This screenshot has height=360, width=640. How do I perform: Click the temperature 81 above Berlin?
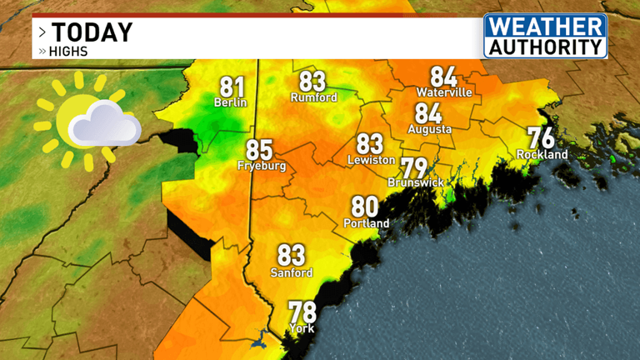(x=232, y=87)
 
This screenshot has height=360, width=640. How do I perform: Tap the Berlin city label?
(x=232, y=103)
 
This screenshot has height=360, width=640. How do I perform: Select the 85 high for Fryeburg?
(x=259, y=151)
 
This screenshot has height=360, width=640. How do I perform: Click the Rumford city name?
(x=313, y=97)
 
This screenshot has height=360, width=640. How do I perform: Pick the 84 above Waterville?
(x=443, y=77)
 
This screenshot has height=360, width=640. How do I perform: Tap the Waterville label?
(x=444, y=92)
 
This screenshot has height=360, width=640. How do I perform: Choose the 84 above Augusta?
(x=428, y=113)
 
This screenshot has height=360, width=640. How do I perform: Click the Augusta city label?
(x=430, y=129)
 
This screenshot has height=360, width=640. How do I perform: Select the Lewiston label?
(x=370, y=160)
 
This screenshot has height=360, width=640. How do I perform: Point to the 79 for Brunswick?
(x=414, y=167)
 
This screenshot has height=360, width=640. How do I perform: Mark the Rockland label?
(x=542, y=154)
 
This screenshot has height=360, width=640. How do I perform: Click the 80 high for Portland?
(x=365, y=207)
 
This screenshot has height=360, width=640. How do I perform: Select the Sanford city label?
(x=292, y=272)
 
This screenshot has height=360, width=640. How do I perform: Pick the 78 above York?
(x=302, y=312)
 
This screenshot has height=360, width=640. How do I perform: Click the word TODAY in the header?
(x=92, y=32)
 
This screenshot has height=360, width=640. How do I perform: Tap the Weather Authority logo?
(x=545, y=36)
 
